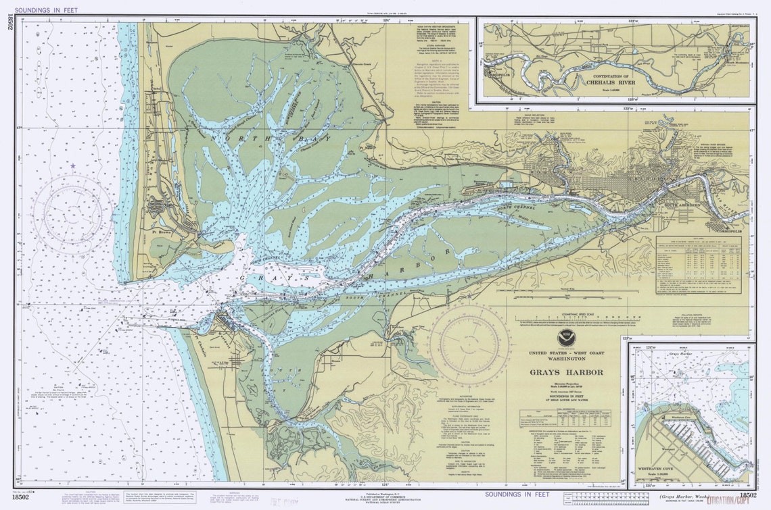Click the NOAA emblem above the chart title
(563, 337)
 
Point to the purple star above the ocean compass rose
(72, 165)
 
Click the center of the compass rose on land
(468, 340)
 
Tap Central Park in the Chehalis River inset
(600, 46)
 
